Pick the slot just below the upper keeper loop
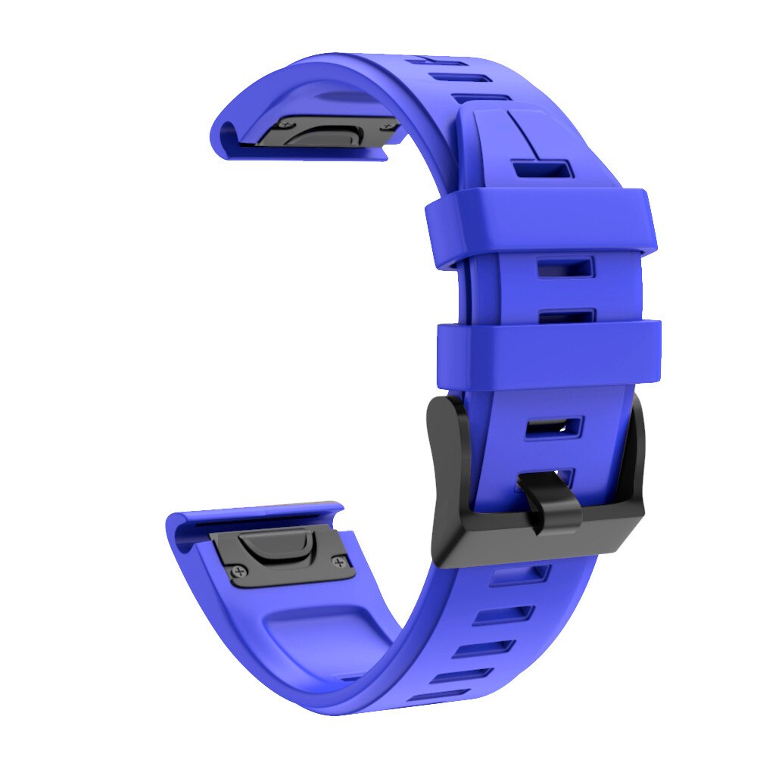[565, 268]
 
